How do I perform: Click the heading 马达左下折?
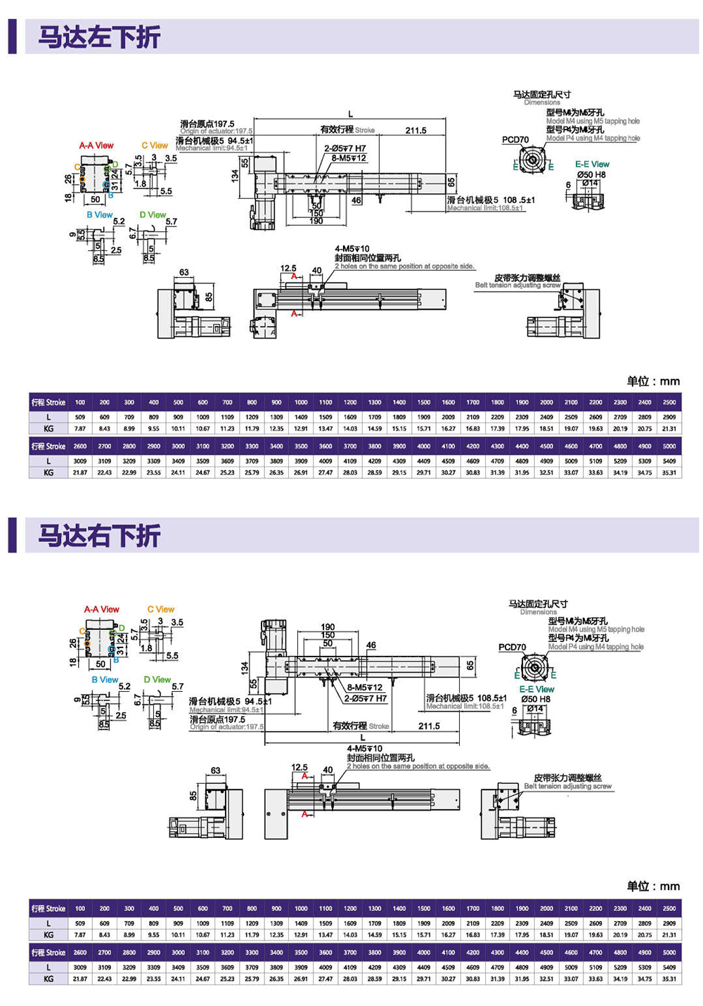[99, 37]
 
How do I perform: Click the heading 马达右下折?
[99, 536]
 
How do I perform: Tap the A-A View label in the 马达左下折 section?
[96, 146]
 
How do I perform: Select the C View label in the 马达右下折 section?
[161, 610]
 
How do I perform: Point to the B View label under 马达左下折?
[100, 215]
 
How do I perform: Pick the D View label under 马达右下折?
[157, 680]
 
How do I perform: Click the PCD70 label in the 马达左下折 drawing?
[515, 140]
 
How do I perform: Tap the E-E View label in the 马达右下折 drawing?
[537, 690]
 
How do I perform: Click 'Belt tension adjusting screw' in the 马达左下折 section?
[518, 285]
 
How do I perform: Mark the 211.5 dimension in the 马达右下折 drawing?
[429, 726]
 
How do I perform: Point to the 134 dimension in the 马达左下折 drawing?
[235, 176]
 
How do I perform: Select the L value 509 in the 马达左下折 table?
[80, 417]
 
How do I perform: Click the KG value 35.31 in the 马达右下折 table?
[669, 979]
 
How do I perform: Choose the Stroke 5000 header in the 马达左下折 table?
[669, 446]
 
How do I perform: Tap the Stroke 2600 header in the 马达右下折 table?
[80, 953]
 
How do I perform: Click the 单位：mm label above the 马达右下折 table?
[653, 886]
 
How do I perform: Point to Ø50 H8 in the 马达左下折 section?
[591, 175]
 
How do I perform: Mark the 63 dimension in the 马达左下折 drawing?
[184, 273]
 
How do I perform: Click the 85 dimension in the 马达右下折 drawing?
[193, 796]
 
